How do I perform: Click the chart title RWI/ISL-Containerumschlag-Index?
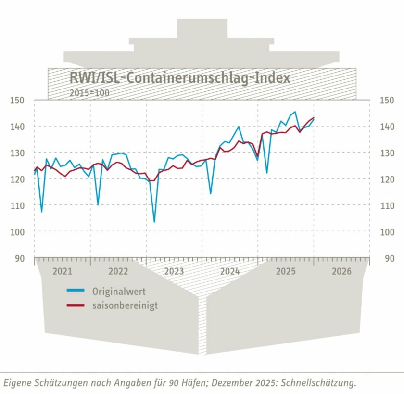click(180, 78)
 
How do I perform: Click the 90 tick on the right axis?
click(386, 258)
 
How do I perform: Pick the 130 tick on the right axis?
click(387, 153)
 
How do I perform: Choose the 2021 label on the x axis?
click(62, 271)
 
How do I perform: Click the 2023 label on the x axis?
click(174, 271)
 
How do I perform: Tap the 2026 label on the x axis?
click(341, 271)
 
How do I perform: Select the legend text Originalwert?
click(119, 292)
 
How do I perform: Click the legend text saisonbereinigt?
click(125, 305)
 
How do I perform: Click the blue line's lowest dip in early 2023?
click(154, 222)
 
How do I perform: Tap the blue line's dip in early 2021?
click(42, 212)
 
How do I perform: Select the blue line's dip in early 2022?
click(98, 205)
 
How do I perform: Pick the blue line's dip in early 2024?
click(210, 194)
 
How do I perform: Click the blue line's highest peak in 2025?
click(295, 112)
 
